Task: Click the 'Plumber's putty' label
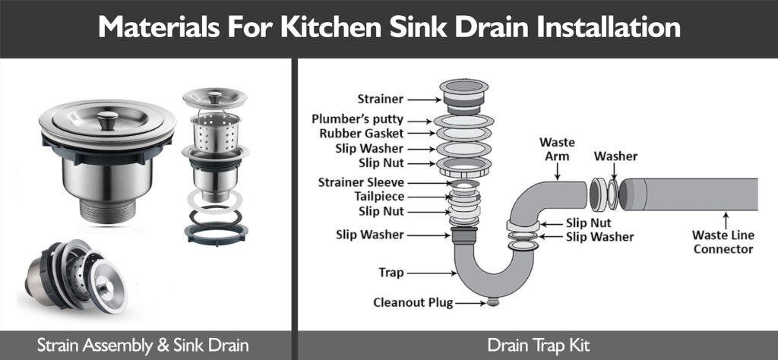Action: click(x=358, y=120)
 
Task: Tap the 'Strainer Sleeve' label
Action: click(x=362, y=182)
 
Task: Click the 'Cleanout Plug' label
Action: click(x=413, y=302)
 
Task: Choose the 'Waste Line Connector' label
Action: click(x=723, y=242)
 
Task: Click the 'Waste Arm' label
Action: click(x=556, y=150)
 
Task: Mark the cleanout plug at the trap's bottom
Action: click(x=493, y=302)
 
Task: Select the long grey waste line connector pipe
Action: click(x=691, y=194)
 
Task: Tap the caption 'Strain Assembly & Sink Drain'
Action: click(x=144, y=345)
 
